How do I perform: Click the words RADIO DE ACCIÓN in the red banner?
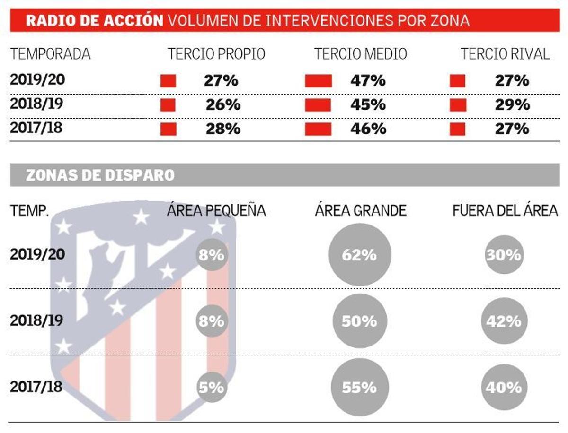click(95, 21)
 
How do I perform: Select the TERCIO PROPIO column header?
click(216, 54)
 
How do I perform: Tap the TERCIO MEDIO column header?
click(361, 54)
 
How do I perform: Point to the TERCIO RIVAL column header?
click(506, 54)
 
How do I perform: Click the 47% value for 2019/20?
click(368, 81)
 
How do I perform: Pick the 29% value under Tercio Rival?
click(512, 105)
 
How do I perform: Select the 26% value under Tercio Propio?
click(223, 105)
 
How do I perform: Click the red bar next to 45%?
click(318, 105)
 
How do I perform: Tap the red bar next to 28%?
click(169, 129)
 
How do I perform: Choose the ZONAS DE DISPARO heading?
click(100, 175)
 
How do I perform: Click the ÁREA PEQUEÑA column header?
click(216, 210)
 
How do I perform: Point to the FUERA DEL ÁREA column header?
click(505, 210)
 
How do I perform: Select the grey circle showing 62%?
click(360, 255)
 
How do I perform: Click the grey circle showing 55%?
click(360, 388)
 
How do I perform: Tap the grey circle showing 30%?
click(503, 255)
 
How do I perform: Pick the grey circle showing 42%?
click(503, 321)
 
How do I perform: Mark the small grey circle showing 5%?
click(211, 388)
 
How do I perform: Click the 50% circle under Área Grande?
click(360, 321)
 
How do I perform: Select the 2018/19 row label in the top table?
click(36, 104)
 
